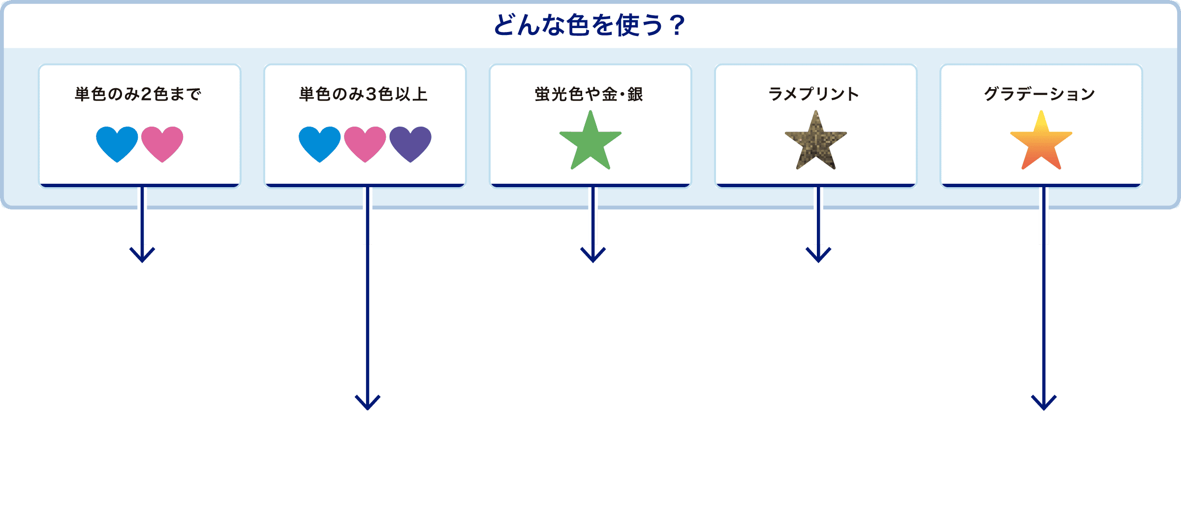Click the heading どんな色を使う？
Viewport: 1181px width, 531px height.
[590, 26]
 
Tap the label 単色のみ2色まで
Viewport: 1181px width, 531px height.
[138, 94]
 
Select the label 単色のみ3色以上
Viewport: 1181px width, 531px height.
[364, 94]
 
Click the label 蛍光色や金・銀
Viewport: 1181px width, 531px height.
[589, 94]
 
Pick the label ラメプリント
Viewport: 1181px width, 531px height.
[814, 94]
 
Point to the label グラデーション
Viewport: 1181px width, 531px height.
[1040, 94]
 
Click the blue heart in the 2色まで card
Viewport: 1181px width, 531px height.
[117, 143]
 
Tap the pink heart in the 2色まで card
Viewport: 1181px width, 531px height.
[162, 143]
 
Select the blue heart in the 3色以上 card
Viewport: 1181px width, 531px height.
[320, 143]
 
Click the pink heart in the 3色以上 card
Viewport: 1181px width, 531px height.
[365, 143]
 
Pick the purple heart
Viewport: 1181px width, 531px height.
[410, 143]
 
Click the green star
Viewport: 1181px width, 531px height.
[590, 142]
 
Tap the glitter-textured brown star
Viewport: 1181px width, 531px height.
[816, 142]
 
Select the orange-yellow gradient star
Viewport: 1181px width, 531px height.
[1041, 142]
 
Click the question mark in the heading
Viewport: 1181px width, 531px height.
[678, 26]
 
